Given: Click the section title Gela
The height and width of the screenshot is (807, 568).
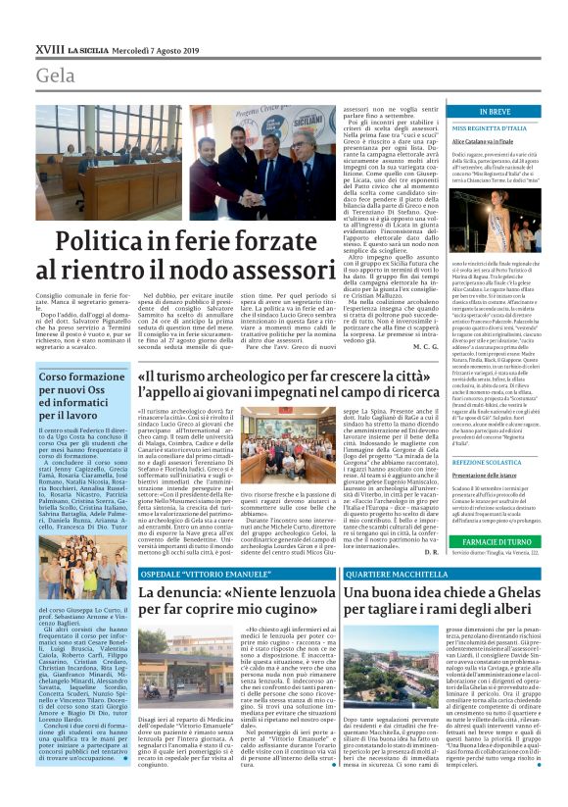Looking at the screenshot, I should coord(56,76).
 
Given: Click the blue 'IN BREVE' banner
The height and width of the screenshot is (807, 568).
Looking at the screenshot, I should coord(496,113).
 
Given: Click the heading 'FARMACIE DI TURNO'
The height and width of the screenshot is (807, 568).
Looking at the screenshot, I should coord(496,539).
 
